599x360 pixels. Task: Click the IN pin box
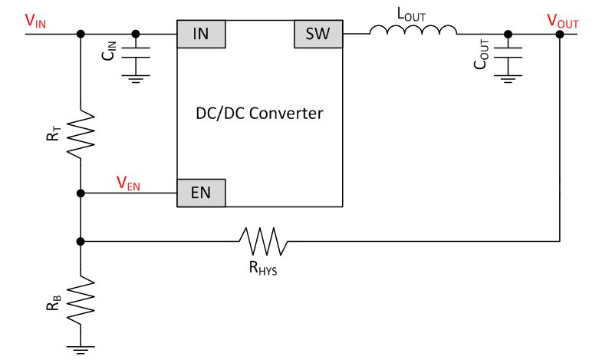coord(202,35)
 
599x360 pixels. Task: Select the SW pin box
coord(318,35)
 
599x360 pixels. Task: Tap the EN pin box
coord(202,193)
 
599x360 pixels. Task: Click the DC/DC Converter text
coord(260,114)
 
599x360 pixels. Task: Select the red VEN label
coord(128,183)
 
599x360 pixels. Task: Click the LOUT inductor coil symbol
coord(413,31)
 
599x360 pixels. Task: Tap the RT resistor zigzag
coord(81,134)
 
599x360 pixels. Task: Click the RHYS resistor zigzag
coord(264,241)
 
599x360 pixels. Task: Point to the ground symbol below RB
coord(81,348)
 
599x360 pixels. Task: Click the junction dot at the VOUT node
coord(561,35)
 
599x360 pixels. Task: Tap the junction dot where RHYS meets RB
coord(81,241)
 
